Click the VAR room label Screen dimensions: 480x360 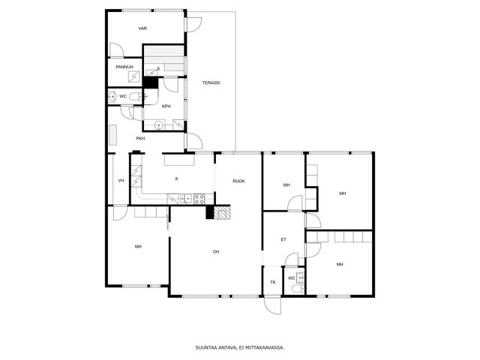coord(142,28)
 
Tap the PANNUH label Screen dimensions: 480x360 coord(124,67)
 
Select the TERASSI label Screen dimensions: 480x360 coord(211,82)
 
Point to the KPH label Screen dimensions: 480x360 coord(166,106)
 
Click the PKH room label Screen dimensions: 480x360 coord(140,138)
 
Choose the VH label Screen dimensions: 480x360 coord(121,181)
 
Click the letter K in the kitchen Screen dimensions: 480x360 coord(177,178)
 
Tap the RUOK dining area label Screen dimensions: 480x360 coord(238,181)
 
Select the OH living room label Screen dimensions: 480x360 coord(216,252)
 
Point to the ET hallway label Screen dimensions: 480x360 coord(283,239)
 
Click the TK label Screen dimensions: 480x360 coord(273,282)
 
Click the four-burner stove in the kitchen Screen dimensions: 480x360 coord(199,199)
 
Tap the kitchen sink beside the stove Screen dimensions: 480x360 coord(186,199)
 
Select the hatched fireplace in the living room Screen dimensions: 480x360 coord(222,212)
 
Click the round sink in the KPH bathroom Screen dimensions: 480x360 coord(158,125)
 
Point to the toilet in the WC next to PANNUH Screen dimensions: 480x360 coord(135,97)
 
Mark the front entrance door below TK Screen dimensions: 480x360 coord(273,305)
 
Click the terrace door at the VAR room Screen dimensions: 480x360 coord(193,24)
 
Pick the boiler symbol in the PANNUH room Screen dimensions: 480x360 coord(133,76)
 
